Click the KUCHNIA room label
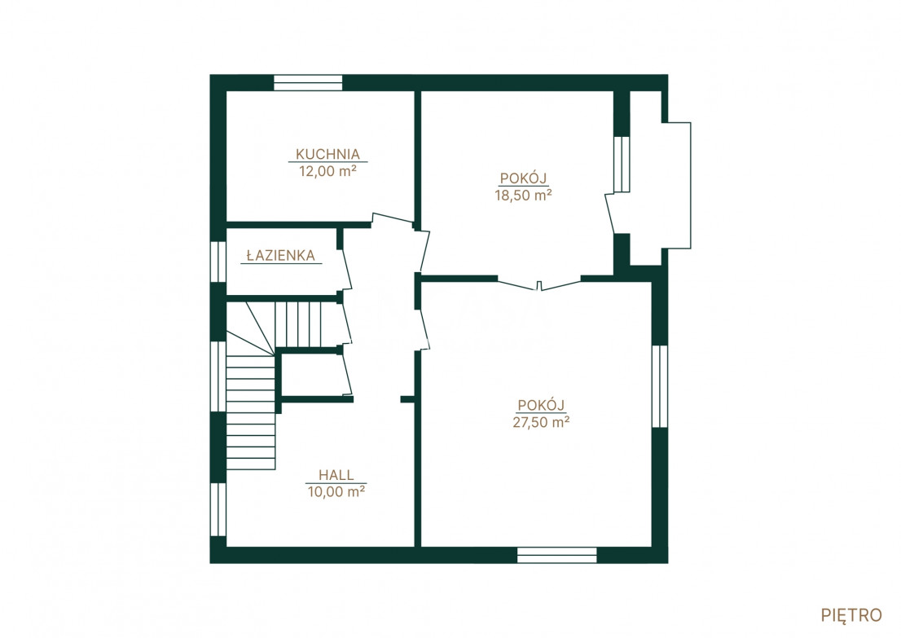[x=327, y=154]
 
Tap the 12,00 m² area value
[x=327, y=171]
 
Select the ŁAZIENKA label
[x=281, y=255]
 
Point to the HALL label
[x=336, y=475]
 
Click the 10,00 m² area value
[x=336, y=491]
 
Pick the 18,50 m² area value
[x=524, y=195]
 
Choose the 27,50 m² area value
[x=541, y=422]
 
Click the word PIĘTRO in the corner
[x=851, y=615]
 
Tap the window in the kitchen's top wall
[x=308, y=83]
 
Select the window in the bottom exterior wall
[x=556, y=555]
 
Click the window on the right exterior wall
[x=660, y=386]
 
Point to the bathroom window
[x=218, y=262]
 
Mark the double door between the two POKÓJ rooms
[x=539, y=284]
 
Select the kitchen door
[x=393, y=219]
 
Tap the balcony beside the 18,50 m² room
[x=661, y=185]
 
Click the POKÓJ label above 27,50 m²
[x=541, y=405]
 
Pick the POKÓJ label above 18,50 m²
[x=524, y=178]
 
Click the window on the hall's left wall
[x=218, y=509]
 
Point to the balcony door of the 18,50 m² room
[x=610, y=213]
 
